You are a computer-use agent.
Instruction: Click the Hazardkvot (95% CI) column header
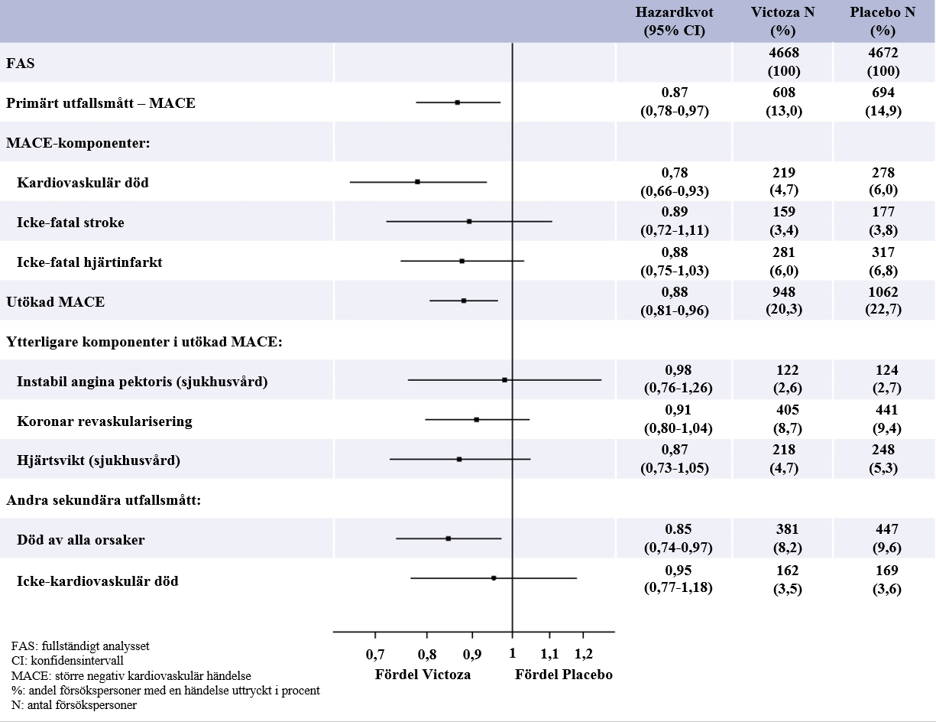(x=674, y=21)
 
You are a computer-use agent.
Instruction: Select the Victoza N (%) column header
(x=782, y=21)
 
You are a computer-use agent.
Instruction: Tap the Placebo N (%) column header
(x=883, y=21)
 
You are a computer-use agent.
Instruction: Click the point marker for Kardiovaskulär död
(x=417, y=182)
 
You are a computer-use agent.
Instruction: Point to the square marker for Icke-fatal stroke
(x=469, y=222)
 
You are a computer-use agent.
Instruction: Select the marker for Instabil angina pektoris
(x=504, y=380)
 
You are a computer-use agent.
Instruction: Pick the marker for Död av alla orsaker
(x=449, y=538)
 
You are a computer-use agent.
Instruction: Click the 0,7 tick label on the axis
(x=375, y=654)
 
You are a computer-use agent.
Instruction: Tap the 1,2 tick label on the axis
(x=584, y=654)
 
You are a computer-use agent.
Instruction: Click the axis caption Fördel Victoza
(x=423, y=675)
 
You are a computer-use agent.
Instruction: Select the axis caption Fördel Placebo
(x=563, y=675)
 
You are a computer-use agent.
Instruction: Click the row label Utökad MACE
(x=56, y=302)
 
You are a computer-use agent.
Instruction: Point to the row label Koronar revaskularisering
(x=105, y=421)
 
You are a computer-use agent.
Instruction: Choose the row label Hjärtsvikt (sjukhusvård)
(x=99, y=460)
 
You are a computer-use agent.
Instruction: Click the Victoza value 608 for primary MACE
(x=783, y=93)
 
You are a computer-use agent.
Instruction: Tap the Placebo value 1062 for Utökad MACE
(x=883, y=292)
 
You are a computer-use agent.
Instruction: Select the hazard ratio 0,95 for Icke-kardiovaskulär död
(x=679, y=571)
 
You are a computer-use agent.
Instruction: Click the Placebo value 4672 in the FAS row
(x=883, y=53)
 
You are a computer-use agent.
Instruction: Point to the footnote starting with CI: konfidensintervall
(x=67, y=660)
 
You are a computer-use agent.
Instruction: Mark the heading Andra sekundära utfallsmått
(x=103, y=500)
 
